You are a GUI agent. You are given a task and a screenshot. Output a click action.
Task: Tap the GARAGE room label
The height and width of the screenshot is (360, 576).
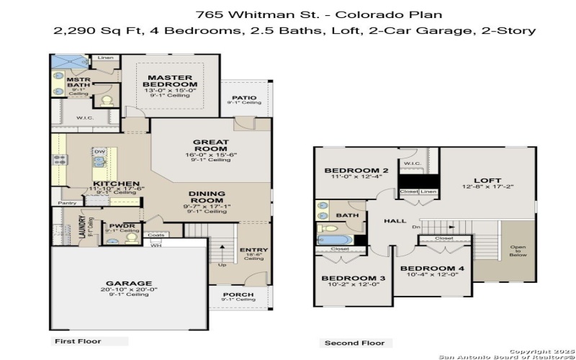130,283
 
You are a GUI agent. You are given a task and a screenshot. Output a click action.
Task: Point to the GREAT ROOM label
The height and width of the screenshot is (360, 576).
211,146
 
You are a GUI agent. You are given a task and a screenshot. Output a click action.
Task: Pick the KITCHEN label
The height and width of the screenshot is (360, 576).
116,184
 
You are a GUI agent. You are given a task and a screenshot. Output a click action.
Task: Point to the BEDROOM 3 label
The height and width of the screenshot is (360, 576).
348,278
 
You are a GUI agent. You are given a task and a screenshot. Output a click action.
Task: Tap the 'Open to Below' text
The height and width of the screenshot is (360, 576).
518,251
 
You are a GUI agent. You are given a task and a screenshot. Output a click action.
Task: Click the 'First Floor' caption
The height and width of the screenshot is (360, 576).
78,341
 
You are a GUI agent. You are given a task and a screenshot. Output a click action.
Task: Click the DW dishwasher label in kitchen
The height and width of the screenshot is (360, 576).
100,152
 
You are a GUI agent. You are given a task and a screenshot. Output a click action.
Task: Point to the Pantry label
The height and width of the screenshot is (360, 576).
67,204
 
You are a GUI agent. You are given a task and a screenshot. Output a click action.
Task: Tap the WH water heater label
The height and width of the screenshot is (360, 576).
155,245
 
